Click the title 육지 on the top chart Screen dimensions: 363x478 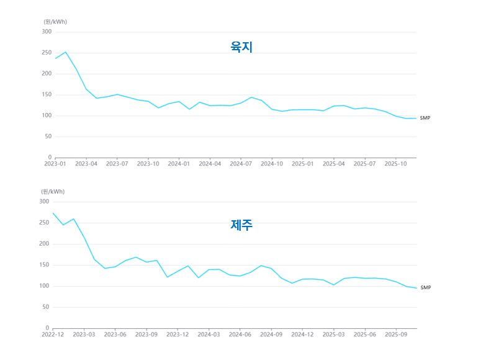coord(241,47)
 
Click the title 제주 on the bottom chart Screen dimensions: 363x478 coord(241,225)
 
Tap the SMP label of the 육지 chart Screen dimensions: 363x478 coord(425,118)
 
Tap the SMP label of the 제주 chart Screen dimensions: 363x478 coord(425,288)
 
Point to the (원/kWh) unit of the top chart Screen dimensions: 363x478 coord(55,22)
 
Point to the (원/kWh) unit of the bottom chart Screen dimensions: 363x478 coord(53,192)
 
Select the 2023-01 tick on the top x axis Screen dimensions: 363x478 coord(55,164)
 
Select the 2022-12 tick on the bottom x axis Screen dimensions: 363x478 coord(53,334)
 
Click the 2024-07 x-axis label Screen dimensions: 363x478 coord(241,164)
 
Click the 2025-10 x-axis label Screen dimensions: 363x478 coord(395,164)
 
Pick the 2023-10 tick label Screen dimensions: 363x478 coord(148,164)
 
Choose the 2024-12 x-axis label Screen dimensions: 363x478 coord(302,334)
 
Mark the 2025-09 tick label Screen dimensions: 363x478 coord(395,334)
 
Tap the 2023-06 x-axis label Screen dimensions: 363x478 coord(115,334)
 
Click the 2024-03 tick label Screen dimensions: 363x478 coord(209,334)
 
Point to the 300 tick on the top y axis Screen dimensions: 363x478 coord(47,32)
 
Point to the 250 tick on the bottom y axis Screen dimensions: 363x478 coord(44,223)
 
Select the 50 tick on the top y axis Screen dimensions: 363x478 coord(48,137)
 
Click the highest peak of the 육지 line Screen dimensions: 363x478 coord(65,52)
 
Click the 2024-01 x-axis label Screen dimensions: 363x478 coord(179,164)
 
